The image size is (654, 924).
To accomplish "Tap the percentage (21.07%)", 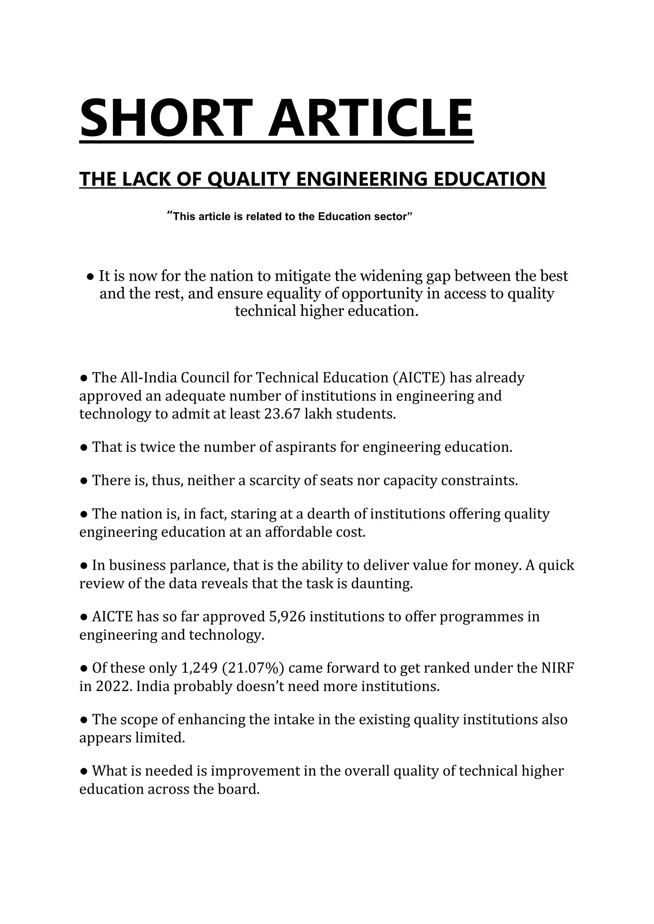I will pyautogui.click(x=253, y=668).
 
